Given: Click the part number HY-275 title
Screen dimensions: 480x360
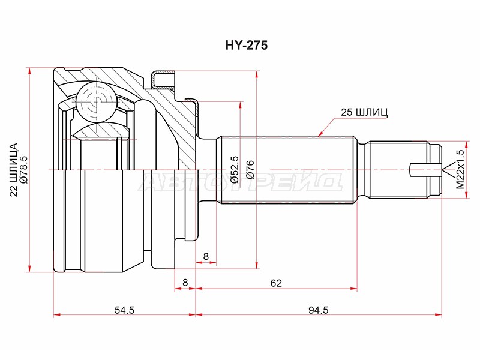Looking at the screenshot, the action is coord(246,46).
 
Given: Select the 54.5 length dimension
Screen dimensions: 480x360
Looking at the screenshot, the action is coord(124,310).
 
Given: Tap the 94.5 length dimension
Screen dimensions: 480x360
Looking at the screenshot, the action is coord(318,310).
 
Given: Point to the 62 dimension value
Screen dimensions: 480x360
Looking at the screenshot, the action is coord(276,283).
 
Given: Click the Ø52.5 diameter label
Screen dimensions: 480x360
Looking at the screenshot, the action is coord(235,169).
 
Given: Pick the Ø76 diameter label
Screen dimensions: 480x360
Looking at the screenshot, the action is coord(250,169).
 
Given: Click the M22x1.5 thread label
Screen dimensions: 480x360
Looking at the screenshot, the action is coord(460,169).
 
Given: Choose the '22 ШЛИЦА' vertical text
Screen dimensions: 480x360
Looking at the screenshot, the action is coord(14,169).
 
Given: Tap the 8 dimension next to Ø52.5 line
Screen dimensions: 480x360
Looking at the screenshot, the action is coord(206,256).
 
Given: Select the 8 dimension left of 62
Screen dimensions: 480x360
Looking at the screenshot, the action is coord(185,282).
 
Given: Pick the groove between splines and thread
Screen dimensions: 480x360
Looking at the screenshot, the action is coord(364,169).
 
